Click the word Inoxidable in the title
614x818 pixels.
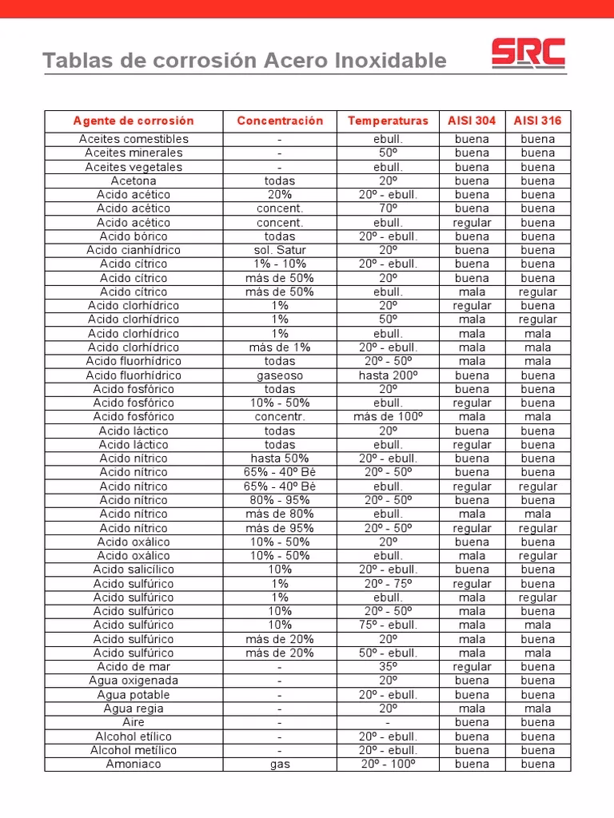click(393, 61)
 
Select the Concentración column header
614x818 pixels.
click(280, 121)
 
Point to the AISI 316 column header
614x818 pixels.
click(537, 121)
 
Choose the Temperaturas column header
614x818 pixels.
click(388, 121)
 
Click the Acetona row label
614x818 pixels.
click(134, 181)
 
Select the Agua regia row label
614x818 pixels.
click(134, 709)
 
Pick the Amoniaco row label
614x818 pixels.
click(134, 764)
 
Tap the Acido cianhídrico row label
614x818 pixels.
click(134, 250)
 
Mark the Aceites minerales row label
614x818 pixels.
click(134, 153)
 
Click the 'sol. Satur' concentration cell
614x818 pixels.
click(280, 250)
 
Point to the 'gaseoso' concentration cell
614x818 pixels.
click(280, 375)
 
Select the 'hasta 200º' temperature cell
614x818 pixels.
click(388, 375)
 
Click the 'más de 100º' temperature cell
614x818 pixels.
click(388, 416)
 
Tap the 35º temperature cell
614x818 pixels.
click(388, 666)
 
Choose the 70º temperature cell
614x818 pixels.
click(388, 208)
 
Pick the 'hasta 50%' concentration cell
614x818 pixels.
click(280, 459)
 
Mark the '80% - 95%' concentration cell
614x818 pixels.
click(280, 500)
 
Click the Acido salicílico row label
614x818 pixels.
click(134, 570)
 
